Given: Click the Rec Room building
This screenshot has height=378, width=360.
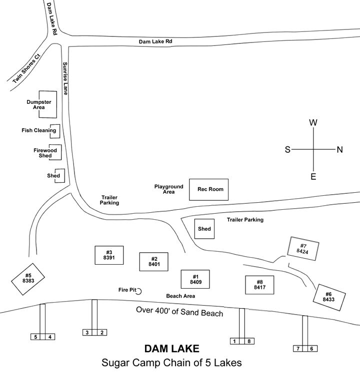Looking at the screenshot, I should click(x=208, y=189).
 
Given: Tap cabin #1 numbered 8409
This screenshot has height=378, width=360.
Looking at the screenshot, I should click(x=195, y=280).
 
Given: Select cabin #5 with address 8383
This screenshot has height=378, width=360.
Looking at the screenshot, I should click(x=28, y=278).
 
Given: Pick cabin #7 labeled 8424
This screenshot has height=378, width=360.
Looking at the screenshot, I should click(x=302, y=248).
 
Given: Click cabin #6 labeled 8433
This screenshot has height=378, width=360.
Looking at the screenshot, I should click(x=328, y=297).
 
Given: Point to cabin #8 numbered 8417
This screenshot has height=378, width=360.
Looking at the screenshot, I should click(x=259, y=285).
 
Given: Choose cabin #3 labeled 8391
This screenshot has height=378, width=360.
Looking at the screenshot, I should click(x=109, y=255).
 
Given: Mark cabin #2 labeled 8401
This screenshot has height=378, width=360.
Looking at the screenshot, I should click(x=153, y=262).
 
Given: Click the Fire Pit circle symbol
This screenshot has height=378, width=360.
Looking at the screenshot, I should click(x=140, y=291).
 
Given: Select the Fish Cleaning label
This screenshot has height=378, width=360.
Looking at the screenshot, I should click(x=38, y=131).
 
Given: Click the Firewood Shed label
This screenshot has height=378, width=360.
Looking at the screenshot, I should click(x=45, y=153).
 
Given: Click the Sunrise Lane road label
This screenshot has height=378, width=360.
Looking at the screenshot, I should click(x=65, y=79).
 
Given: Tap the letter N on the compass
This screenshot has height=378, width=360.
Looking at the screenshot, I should click(x=339, y=149).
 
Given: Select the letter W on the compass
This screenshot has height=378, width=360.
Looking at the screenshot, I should click(x=313, y=123).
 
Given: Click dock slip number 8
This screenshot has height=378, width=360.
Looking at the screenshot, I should click(x=249, y=342).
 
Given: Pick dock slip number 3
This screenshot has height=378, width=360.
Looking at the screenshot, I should click(x=87, y=333).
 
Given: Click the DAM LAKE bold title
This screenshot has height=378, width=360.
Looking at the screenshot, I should click(x=172, y=348).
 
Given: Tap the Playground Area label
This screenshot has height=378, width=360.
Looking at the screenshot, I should click(x=169, y=189).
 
